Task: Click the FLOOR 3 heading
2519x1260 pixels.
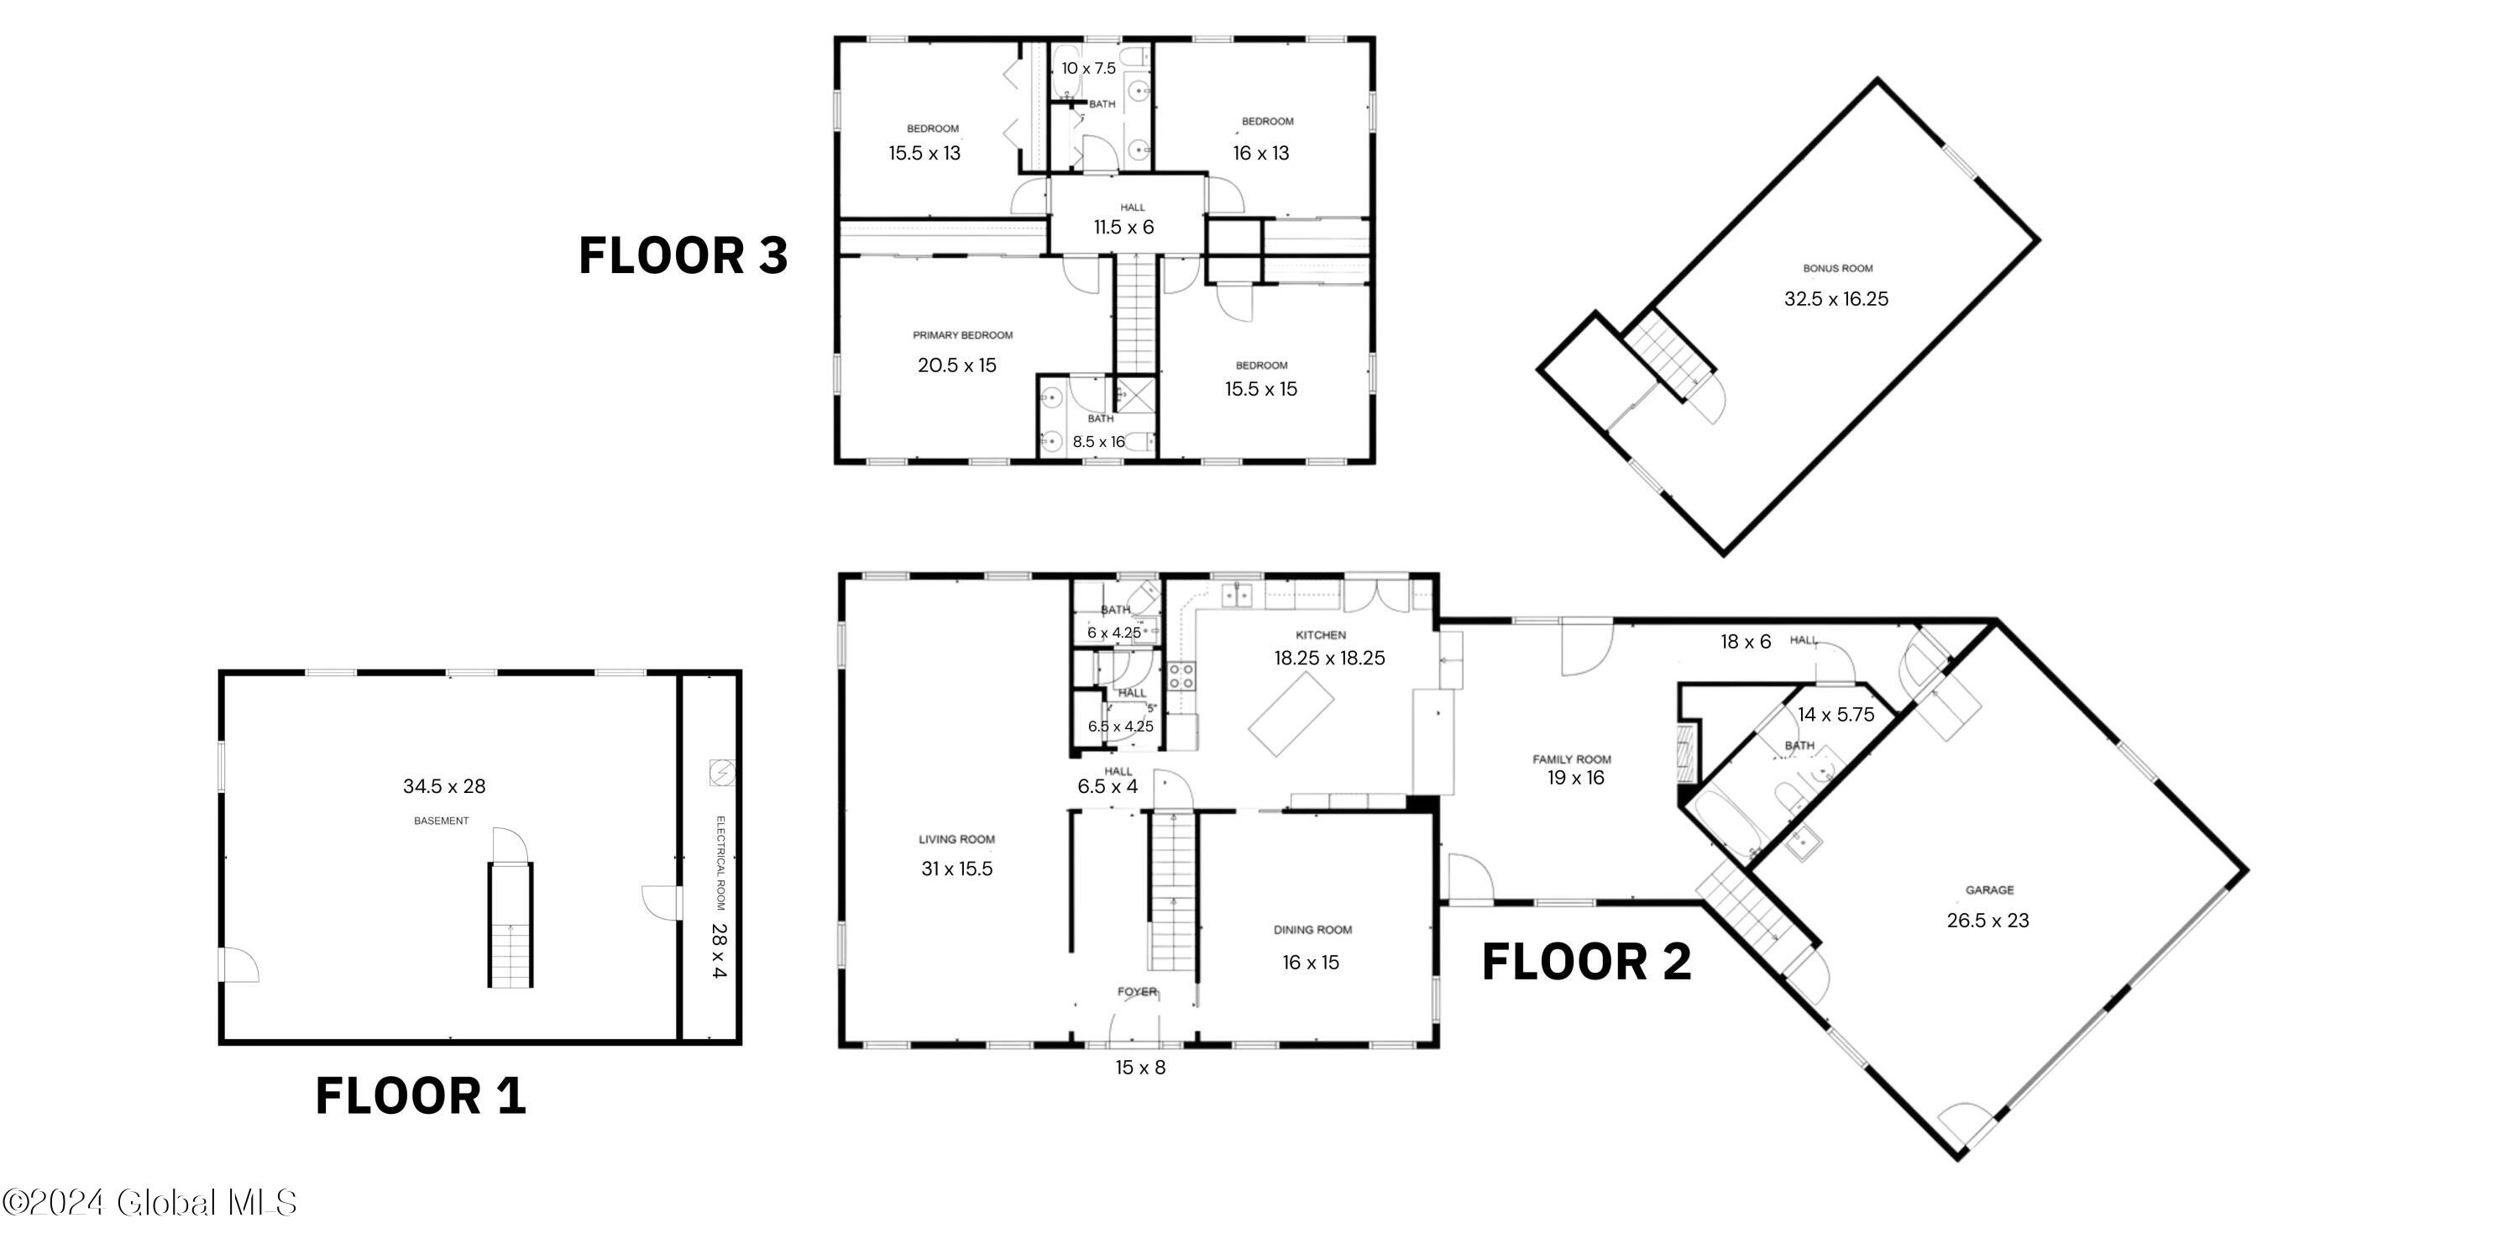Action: click(683, 255)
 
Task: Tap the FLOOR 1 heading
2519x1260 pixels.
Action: click(421, 1095)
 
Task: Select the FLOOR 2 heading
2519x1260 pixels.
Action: click(1586, 962)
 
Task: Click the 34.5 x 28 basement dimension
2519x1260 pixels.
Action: click(444, 786)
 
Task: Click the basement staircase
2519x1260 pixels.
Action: click(511, 925)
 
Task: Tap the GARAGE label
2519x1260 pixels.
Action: click(1989, 890)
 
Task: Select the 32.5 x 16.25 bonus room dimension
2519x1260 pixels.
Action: click(1836, 299)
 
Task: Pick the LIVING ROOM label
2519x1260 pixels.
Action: click(956, 839)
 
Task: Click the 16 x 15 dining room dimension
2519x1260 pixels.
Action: click(1311, 963)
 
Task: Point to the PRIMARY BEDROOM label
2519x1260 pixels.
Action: click(962, 335)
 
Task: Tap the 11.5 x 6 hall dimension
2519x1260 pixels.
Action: click(1123, 228)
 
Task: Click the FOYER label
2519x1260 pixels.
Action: click(1136, 992)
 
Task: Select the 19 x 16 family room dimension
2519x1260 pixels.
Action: click(1575, 778)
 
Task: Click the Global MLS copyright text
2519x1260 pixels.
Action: click(149, 1202)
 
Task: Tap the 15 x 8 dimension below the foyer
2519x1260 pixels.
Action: click(1140, 1068)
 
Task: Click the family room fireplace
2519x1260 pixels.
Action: click(1685, 751)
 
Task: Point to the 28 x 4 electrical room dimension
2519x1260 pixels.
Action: click(719, 950)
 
